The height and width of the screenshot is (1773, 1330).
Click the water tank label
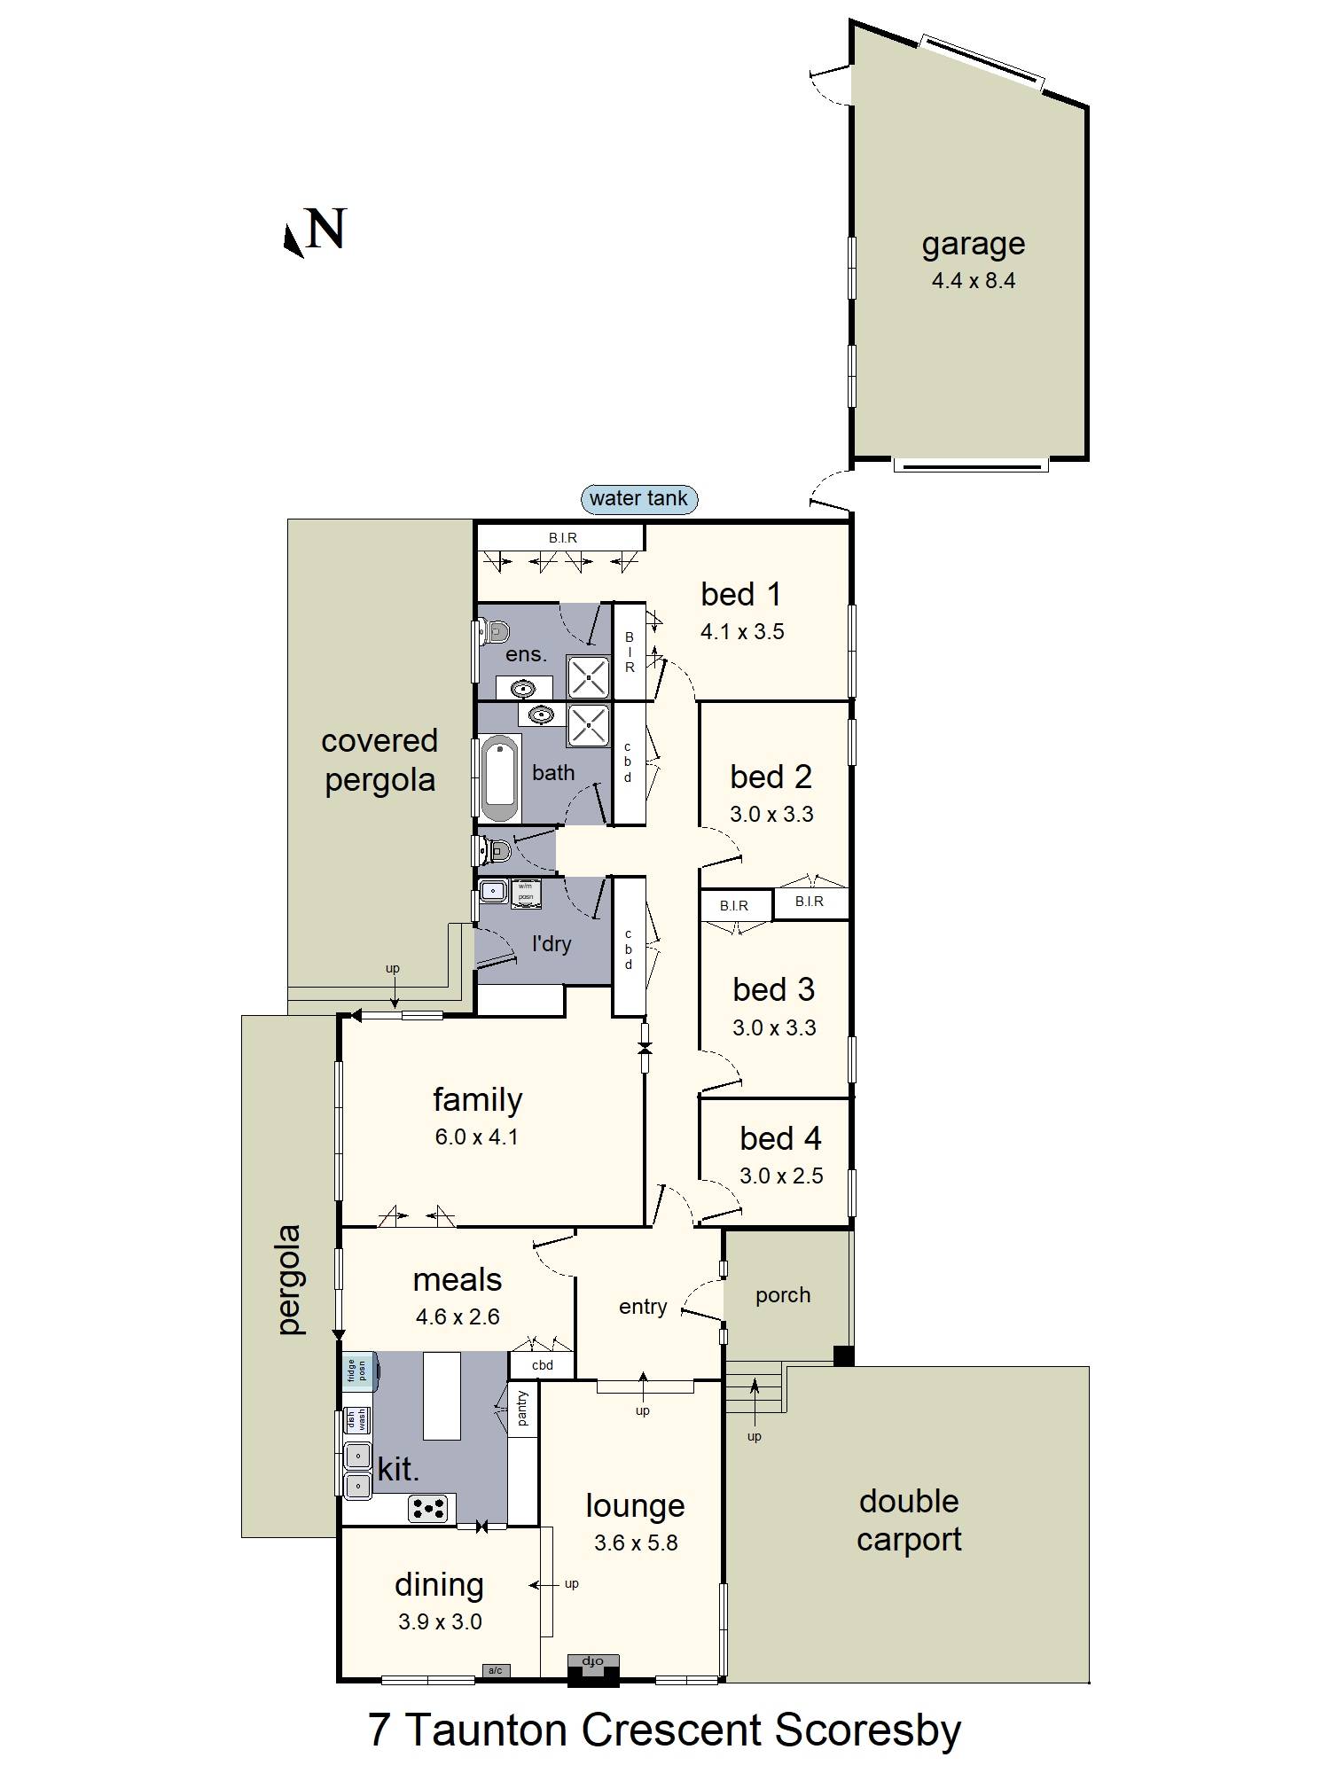(638, 498)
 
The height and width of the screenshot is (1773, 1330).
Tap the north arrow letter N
(325, 230)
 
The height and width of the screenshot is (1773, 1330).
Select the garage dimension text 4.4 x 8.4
(973, 281)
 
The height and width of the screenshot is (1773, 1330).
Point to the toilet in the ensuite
(495, 633)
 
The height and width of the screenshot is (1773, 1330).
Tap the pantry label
(522, 1408)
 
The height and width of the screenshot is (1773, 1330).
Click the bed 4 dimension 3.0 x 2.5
(781, 1175)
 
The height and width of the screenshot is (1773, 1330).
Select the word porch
(783, 1295)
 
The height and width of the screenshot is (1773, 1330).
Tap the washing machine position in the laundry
(526, 892)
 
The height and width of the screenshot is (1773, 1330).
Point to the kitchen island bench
(442, 1395)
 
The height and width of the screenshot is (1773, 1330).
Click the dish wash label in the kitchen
(356, 1420)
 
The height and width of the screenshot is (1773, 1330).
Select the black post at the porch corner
(843, 1355)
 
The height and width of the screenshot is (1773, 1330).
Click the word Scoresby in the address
(868, 1730)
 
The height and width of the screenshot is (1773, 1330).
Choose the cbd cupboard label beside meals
(542, 1365)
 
